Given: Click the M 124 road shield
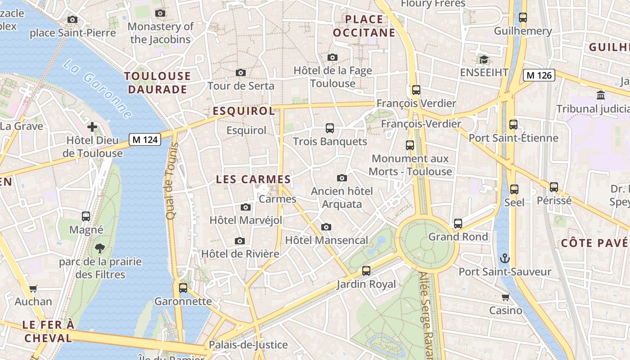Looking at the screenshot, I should (145, 139).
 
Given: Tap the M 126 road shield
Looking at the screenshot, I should (539, 75).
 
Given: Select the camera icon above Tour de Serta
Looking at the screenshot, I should (241, 72).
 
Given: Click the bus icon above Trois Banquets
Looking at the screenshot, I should (330, 128).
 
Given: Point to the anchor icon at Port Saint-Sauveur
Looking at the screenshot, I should (505, 258).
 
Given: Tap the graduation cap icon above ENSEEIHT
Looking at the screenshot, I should (484, 59).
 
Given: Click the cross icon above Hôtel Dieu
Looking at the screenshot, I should (92, 127).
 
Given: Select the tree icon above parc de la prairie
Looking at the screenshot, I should (100, 248).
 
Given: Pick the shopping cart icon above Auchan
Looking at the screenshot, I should (33, 288).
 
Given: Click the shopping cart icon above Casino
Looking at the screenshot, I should (505, 297).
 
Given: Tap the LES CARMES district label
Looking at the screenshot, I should (253, 179).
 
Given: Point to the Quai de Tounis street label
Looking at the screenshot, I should (171, 181).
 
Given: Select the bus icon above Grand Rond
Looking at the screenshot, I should (458, 223).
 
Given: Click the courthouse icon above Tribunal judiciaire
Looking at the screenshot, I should (601, 95).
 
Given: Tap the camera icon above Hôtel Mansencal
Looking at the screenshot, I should (326, 227).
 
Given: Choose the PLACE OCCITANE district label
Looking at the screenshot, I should (364, 26).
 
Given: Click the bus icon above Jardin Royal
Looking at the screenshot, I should (366, 271).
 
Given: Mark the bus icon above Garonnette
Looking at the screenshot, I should (183, 288).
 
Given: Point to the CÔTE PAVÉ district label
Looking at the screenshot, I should (594, 243).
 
